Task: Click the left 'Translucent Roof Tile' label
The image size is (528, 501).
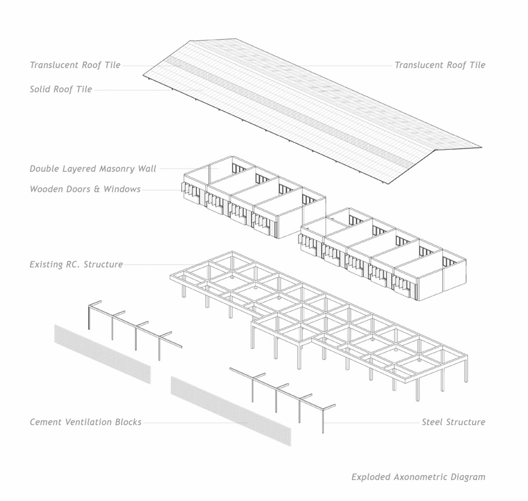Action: [x=75, y=65]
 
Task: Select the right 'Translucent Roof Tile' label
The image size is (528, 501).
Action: [x=440, y=65]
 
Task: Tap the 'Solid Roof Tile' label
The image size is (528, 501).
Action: [x=61, y=89]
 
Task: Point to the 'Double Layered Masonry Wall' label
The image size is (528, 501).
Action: [x=93, y=169]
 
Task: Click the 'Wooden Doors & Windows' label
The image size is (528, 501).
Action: [x=85, y=189]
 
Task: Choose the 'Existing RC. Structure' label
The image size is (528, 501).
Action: [x=76, y=264]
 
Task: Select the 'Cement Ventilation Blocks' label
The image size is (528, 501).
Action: [x=85, y=422]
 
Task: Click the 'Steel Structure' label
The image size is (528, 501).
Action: [x=453, y=422]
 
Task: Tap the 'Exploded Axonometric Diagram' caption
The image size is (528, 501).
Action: [x=418, y=477]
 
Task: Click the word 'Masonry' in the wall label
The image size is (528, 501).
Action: [x=115, y=169]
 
